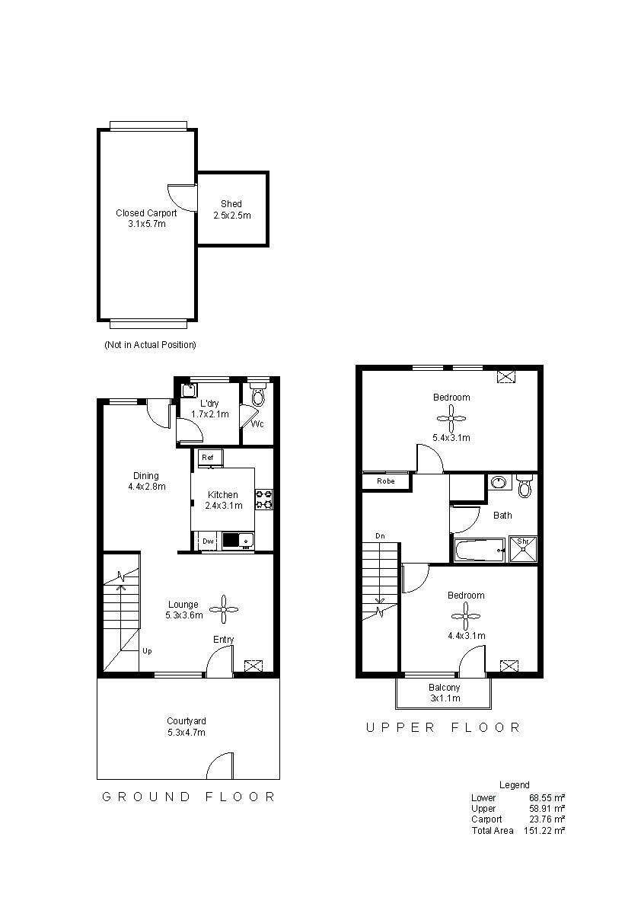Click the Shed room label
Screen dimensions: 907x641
pyautogui.click(x=231, y=204)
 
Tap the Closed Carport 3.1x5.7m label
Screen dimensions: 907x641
pyautogui.click(x=146, y=219)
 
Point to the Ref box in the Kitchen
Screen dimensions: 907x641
pyautogui.click(x=207, y=457)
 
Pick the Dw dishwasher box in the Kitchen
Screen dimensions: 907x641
pyautogui.click(x=207, y=541)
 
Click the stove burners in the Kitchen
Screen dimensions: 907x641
pyautogui.click(x=264, y=500)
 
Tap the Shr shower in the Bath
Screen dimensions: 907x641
pyautogui.click(x=523, y=548)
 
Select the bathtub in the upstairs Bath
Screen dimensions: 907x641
pyautogui.click(x=480, y=550)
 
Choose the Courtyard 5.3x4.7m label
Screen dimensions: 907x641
pyautogui.click(x=187, y=727)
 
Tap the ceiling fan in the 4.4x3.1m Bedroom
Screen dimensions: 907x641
pyautogui.click(x=466, y=615)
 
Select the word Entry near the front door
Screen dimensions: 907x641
pyautogui.click(x=223, y=640)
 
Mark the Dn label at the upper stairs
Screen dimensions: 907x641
pyautogui.click(x=381, y=536)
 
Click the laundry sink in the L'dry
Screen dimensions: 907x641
pyautogui.click(x=189, y=391)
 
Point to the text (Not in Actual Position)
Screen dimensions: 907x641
pyautogui.click(x=150, y=345)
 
